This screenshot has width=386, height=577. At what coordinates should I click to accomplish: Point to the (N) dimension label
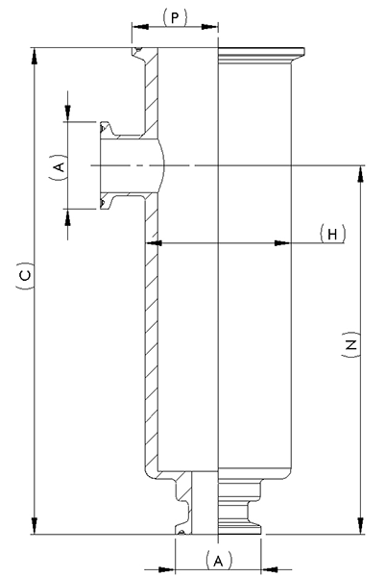click(x=350, y=345)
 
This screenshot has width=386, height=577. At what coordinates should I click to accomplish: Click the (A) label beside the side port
click(x=59, y=166)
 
